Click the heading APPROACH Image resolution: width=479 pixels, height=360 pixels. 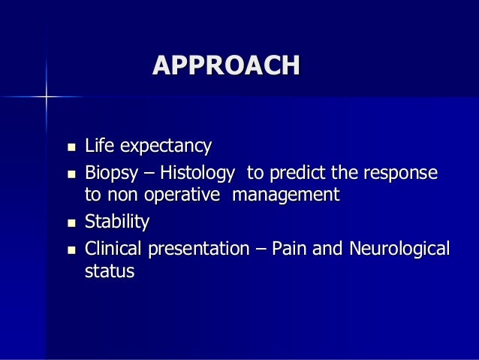pos(226,65)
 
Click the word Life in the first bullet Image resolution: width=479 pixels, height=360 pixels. pos(99,146)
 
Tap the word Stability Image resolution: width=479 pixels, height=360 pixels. pos(117,222)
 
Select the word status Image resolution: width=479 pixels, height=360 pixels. pos(110,272)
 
